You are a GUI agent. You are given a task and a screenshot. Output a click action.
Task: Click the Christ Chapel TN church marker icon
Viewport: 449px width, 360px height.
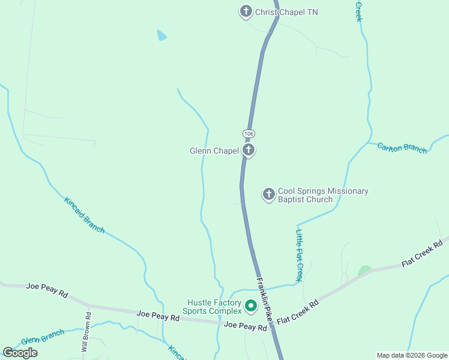(x=246, y=11)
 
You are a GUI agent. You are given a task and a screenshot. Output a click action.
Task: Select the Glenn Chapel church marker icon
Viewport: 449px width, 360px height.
(x=249, y=150)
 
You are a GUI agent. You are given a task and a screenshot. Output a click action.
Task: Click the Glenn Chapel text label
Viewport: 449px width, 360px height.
(x=214, y=151)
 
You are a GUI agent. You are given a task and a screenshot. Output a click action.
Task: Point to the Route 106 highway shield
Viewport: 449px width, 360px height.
(x=249, y=133)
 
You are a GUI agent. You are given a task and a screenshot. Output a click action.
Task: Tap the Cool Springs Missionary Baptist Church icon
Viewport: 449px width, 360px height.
(x=268, y=194)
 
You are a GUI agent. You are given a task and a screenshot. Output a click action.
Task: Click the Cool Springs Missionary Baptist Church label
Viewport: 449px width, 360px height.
(x=322, y=196)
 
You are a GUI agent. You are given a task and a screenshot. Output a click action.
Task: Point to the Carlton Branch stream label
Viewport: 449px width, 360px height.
(x=402, y=148)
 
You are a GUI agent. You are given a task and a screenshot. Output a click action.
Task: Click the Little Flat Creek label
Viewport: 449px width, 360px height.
(x=299, y=255)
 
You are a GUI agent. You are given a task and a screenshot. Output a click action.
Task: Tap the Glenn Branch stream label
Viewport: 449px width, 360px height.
(x=42, y=337)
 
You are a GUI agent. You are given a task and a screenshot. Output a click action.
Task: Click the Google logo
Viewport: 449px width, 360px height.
(x=20, y=353)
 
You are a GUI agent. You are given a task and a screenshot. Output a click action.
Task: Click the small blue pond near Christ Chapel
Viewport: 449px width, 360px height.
(x=161, y=35)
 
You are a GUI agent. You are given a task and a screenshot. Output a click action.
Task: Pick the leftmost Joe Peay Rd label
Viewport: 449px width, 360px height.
(x=47, y=289)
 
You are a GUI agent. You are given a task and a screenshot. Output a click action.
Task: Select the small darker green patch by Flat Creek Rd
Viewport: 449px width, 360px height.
(x=364, y=271)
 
